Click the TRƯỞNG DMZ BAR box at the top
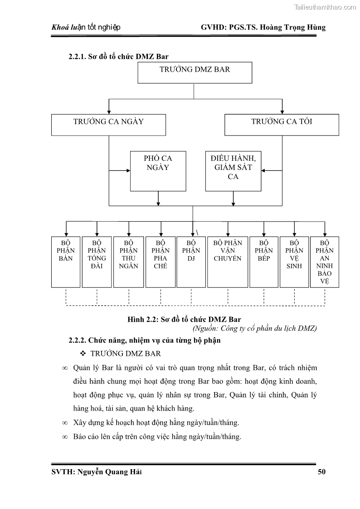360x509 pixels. (195, 73)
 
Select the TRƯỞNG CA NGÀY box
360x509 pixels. (108, 125)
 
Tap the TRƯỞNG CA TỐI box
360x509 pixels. (282, 125)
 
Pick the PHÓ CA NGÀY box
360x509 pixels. (158, 171)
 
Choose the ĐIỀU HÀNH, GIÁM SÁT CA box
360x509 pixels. (233, 171)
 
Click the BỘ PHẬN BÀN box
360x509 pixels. (66, 262)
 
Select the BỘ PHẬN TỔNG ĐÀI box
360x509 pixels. (97, 262)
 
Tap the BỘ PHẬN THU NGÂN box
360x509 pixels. (128, 262)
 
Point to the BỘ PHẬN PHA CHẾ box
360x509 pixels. (160, 262)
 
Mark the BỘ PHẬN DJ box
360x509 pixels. (191, 262)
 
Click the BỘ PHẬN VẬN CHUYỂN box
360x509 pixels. (228, 262)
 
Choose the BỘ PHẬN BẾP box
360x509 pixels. (263, 262)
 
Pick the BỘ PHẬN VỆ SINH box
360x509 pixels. (294, 262)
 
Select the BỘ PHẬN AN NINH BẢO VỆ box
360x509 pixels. (325, 262)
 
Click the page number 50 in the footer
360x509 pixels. (321, 472)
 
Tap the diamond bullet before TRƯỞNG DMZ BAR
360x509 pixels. (83, 354)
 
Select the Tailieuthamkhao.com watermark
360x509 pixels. (325, 7)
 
